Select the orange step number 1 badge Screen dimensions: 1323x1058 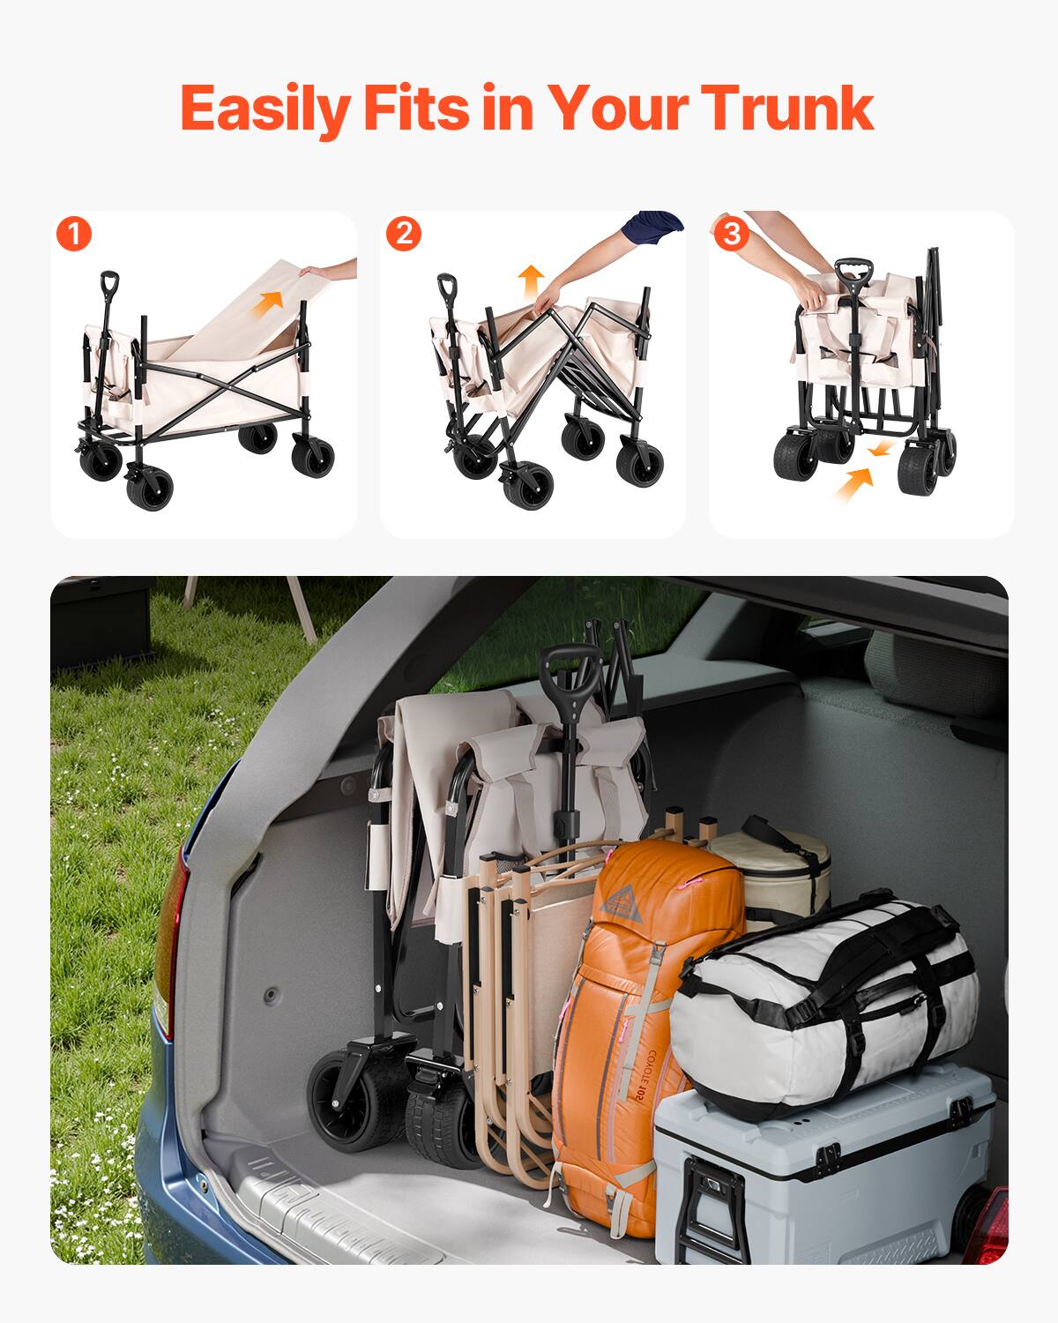point(74,235)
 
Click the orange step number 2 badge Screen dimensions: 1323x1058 point(404,234)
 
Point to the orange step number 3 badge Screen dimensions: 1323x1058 point(731,234)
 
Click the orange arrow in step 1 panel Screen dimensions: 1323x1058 point(270,300)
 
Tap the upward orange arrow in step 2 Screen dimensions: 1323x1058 point(530,280)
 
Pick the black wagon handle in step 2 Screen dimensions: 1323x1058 point(447,288)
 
